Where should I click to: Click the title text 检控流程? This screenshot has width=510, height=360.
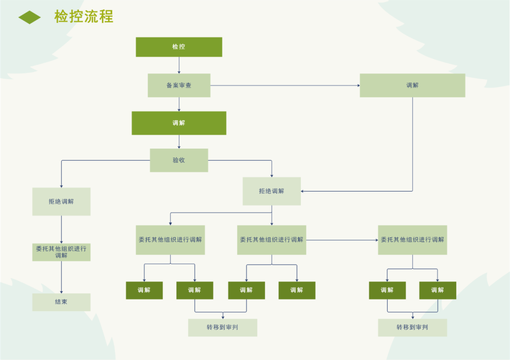[x=84, y=17]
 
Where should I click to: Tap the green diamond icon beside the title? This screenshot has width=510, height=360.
[x=30, y=17]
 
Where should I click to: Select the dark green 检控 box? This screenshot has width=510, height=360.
[x=179, y=47]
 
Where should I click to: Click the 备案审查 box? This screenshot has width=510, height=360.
[x=179, y=85]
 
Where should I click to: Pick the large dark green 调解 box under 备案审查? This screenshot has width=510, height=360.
[x=179, y=123]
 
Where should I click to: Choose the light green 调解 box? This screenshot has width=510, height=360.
[x=412, y=85]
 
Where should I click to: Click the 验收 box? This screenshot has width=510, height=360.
[x=179, y=160]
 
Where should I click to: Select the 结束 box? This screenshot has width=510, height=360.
[x=61, y=302]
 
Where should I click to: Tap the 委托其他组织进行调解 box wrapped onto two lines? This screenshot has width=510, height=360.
[x=61, y=252]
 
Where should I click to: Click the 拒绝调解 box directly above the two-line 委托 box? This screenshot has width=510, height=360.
[x=61, y=201]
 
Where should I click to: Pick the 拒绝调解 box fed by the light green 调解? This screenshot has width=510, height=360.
[x=272, y=191]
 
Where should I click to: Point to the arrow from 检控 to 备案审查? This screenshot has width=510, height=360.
[x=179, y=65]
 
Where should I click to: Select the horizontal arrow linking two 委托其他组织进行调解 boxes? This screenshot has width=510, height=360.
[x=342, y=240]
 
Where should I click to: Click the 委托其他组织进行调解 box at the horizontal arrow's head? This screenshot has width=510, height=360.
[x=412, y=240]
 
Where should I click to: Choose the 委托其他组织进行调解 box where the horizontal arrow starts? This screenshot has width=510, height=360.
[x=272, y=240]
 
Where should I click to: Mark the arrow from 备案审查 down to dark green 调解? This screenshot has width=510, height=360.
[x=179, y=104]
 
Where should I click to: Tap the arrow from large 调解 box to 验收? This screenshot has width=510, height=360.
[x=179, y=142]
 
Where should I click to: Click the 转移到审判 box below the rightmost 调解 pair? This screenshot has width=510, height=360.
[x=412, y=327]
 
